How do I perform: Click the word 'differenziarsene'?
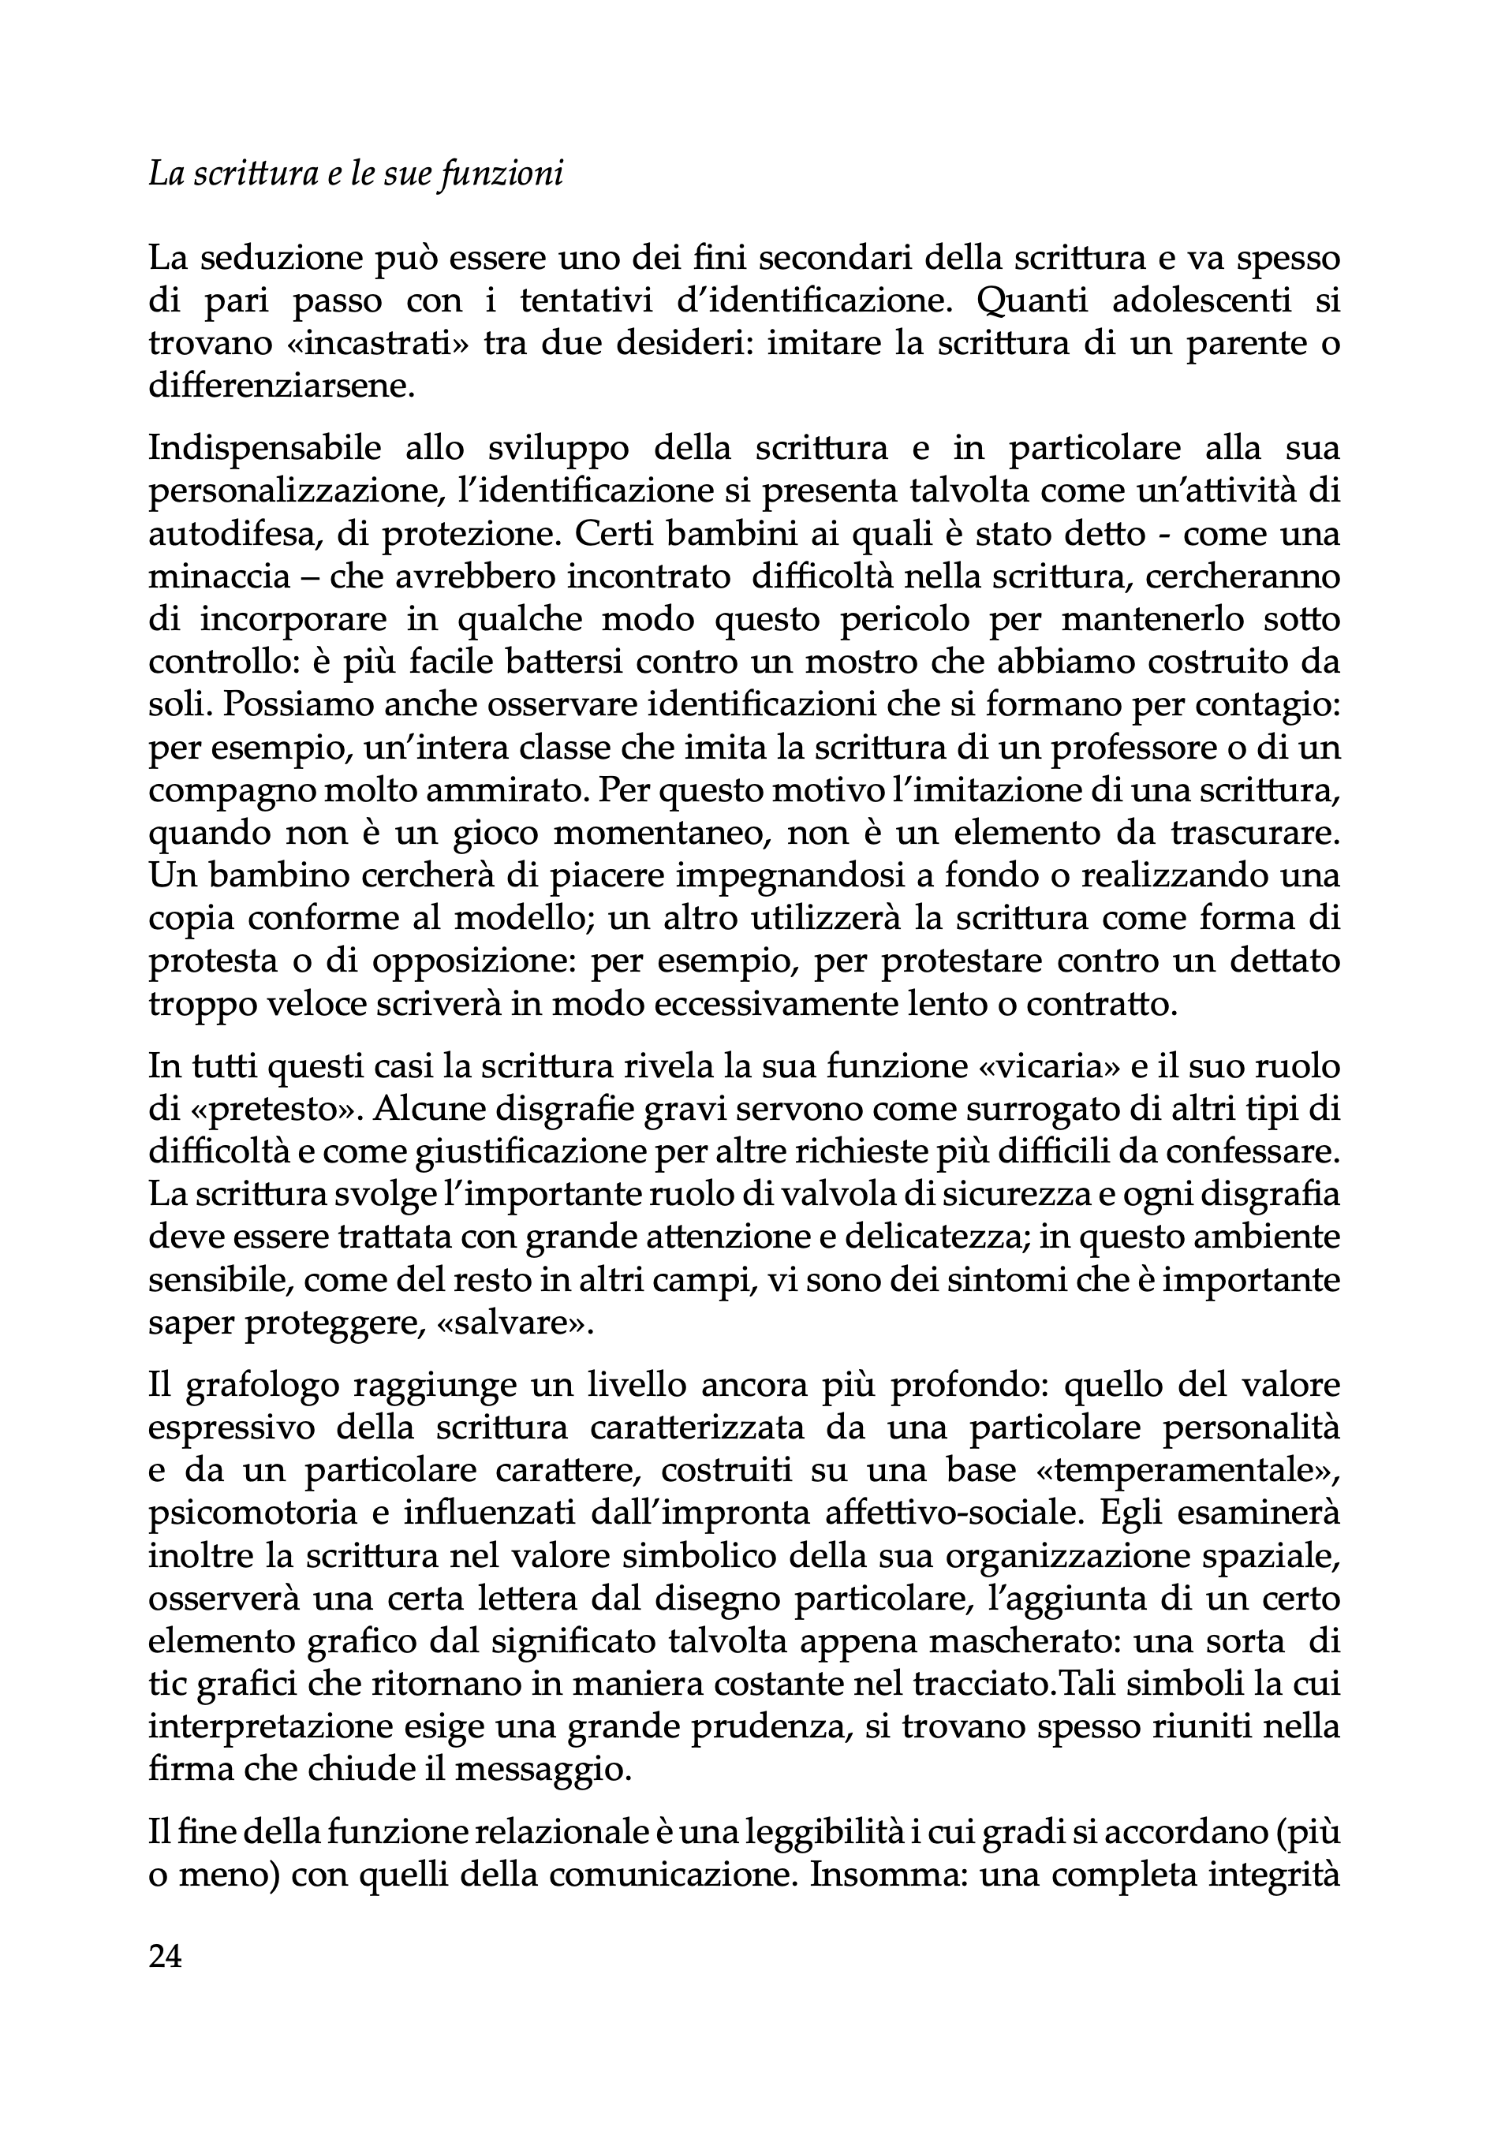tap(280, 386)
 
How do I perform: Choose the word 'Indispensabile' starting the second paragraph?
tap(265, 448)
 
